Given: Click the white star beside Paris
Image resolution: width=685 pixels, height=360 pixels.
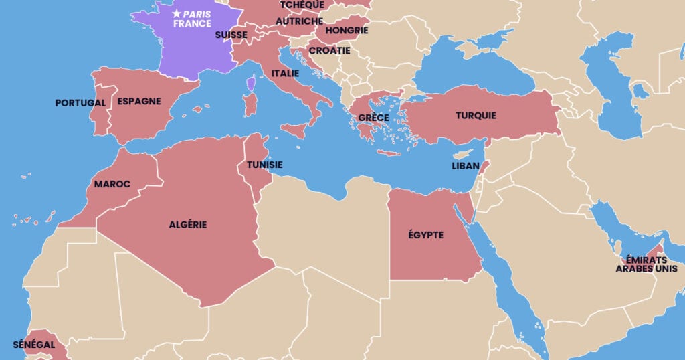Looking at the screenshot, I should click(x=177, y=13).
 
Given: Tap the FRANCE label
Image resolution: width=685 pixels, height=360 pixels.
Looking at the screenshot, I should click(x=192, y=23).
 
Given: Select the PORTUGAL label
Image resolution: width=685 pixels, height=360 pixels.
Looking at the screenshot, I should click(x=80, y=103).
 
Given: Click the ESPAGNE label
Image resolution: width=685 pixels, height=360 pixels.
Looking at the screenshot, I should click(x=139, y=102).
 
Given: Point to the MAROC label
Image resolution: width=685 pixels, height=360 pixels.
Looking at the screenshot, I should click(x=112, y=184).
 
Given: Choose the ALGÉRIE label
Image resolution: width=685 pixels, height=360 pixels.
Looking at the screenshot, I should click(x=187, y=225).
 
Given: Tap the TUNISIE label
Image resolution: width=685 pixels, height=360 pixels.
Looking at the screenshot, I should click(x=264, y=165).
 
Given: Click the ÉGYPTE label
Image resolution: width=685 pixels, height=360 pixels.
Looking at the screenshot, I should click(x=426, y=235).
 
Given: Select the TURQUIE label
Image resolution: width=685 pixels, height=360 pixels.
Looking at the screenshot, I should click(x=476, y=115).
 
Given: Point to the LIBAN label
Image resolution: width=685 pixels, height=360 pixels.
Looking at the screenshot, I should click(x=466, y=166).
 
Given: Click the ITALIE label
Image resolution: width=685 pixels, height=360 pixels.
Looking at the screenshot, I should click(x=285, y=73).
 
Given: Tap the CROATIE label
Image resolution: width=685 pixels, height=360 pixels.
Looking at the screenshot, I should click(x=329, y=50).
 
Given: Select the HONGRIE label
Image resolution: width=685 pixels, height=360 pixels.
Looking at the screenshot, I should click(x=347, y=30).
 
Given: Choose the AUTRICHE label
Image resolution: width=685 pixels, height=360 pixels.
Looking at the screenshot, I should click(x=299, y=21).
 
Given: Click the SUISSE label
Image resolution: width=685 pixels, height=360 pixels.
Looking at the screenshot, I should click(x=231, y=35).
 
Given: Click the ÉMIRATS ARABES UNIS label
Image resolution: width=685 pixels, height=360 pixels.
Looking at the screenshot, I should click(x=646, y=264).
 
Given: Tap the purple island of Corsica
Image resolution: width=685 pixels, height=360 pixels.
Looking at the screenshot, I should click(x=251, y=84).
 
